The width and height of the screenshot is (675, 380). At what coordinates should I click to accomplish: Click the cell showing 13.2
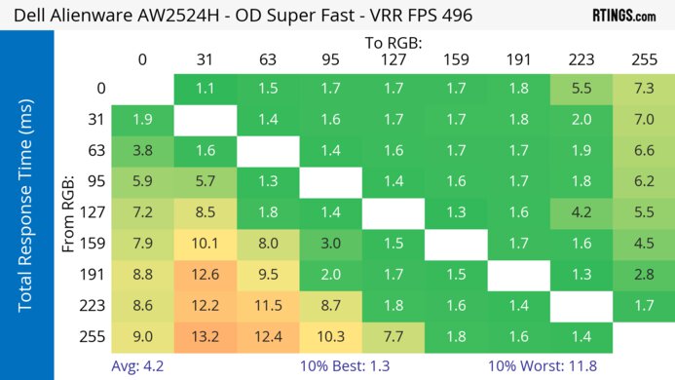click(x=205, y=336)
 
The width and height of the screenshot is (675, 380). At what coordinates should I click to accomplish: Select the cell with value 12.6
click(x=205, y=274)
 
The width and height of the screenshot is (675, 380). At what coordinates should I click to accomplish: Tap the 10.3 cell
click(x=330, y=336)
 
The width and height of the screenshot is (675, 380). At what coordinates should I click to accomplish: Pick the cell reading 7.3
click(x=643, y=89)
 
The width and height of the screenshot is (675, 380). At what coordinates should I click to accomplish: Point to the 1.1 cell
click(x=205, y=89)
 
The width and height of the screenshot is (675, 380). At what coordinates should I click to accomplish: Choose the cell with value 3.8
click(x=142, y=150)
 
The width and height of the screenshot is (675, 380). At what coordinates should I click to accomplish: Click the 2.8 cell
click(x=643, y=274)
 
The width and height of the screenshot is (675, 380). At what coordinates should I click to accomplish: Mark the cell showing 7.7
click(x=393, y=336)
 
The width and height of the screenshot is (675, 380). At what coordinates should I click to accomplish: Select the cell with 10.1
click(x=205, y=243)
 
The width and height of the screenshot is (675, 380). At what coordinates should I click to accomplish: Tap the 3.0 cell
click(x=330, y=243)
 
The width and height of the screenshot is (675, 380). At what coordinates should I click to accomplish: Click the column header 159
click(x=456, y=59)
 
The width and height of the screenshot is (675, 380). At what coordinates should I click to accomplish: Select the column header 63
click(x=267, y=59)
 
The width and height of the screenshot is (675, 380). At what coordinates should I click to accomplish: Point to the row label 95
click(x=94, y=181)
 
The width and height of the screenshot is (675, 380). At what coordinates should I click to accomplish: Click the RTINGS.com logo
click(x=623, y=16)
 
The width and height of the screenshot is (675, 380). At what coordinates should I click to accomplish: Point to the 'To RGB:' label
click(x=393, y=43)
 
